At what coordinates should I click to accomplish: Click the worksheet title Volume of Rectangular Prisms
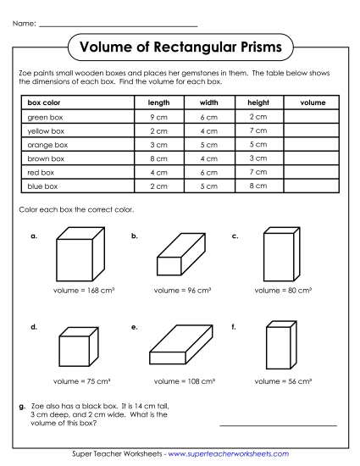tap(180, 47)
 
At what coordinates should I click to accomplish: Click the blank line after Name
tap(118, 25)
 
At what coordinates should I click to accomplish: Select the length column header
tap(159, 103)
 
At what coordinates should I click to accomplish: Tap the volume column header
tap(313, 103)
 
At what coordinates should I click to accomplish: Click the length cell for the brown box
tap(159, 158)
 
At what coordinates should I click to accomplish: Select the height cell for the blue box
tap(259, 186)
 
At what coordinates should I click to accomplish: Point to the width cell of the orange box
tap(209, 145)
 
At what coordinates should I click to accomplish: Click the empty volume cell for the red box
tap(313, 172)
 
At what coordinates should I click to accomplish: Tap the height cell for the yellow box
tap(259, 130)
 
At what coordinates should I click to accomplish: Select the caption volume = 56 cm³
tap(284, 382)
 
